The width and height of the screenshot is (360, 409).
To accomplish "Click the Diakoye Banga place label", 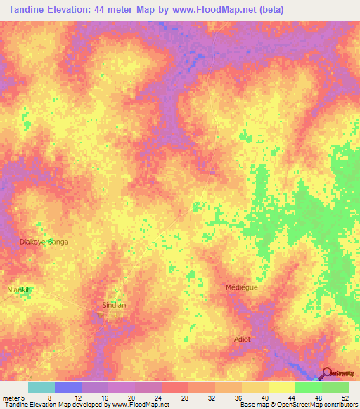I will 43,241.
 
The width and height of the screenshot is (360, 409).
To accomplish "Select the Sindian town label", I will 114,305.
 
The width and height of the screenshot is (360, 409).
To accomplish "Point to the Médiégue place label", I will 241,287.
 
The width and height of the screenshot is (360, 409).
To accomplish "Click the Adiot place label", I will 243,339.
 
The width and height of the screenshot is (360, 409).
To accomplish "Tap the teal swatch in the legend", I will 41,387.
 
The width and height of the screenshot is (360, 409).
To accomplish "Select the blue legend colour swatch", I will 67,387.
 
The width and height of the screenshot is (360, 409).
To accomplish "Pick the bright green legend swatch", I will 308,387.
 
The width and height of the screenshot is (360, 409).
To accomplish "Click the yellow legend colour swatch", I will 281,387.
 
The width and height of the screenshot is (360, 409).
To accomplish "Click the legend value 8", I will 49,397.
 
